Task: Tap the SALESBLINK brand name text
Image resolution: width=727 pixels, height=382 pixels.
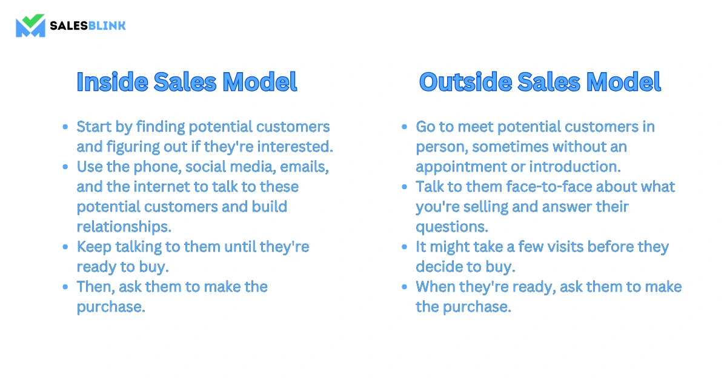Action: coord(88,25)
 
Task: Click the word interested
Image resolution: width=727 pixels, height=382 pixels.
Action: coord(296,147)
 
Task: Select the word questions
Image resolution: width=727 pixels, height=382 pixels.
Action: coord(452,227)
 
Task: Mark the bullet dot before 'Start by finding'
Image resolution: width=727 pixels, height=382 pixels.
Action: coord(65,127)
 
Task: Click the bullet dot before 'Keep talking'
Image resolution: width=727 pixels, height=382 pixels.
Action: coord(65,247)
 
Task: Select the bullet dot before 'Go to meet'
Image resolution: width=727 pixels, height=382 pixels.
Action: coord(405,127)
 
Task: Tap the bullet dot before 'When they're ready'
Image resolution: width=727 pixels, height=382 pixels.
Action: coord(405,287)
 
